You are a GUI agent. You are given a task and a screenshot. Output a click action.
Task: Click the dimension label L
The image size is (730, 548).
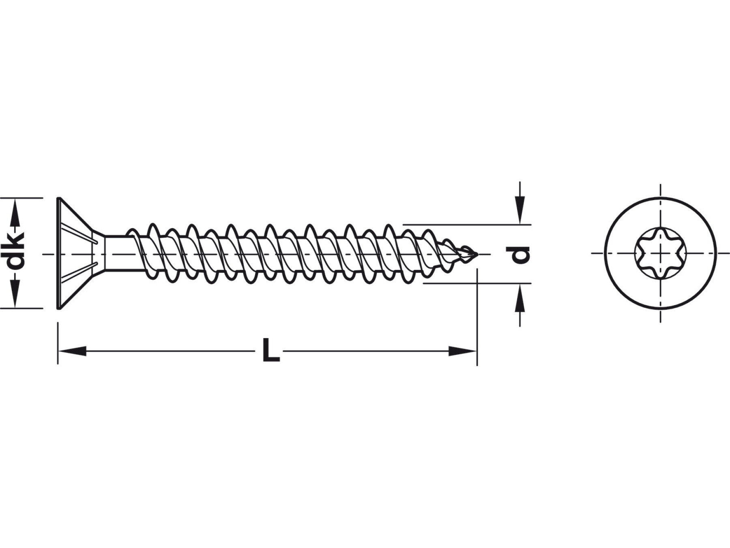pyautogui.click(x=271, y=350)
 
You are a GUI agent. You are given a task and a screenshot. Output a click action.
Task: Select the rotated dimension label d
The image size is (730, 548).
pyautogui.click(x=520, y=255)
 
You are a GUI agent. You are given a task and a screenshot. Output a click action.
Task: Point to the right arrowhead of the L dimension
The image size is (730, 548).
pyautogui.click(x=462, y=351)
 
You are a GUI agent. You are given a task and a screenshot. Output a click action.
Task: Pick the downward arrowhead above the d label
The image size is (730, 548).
pyautogui.click(x=520, y=210)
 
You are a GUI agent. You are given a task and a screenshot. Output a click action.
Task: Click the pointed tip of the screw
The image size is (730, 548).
pyautogui.click(x=477, y=255)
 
